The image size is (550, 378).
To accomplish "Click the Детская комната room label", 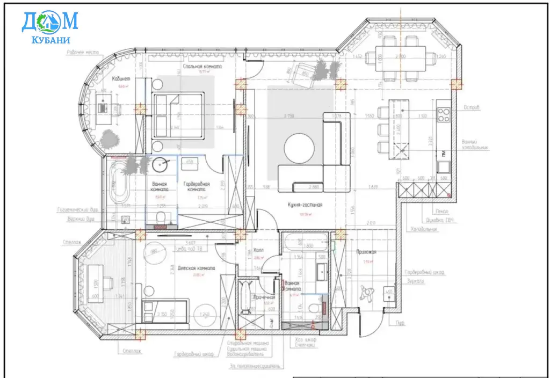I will click(x=197, y=268).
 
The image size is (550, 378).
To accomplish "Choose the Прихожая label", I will click(x=365, y=251).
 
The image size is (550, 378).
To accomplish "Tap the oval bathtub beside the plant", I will click(x=118, y=184).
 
